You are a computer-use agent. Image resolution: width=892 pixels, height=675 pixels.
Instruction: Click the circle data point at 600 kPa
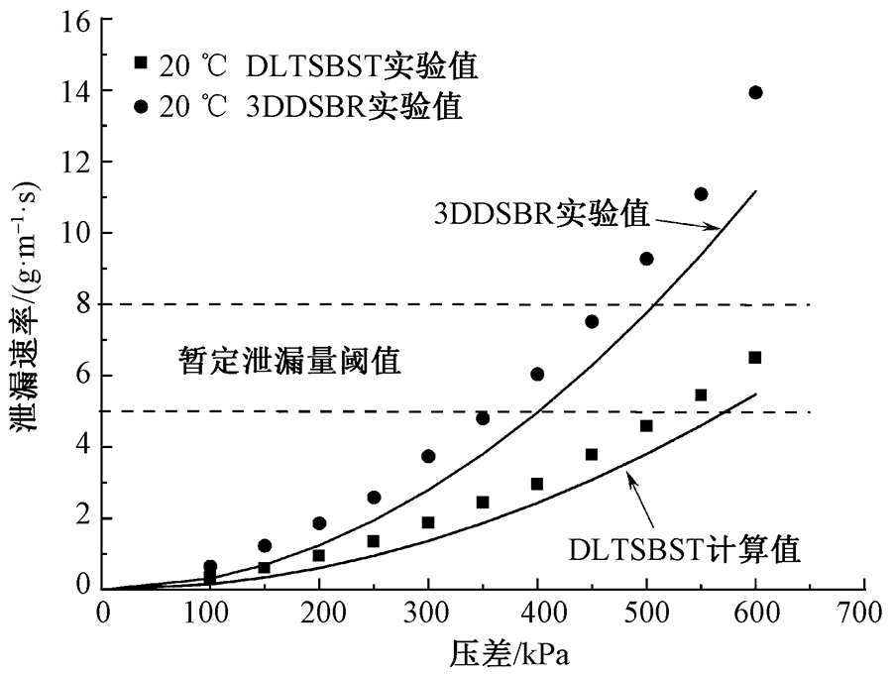tap(755, 92)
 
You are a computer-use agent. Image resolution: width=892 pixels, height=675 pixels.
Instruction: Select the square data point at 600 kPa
tap(755, 357)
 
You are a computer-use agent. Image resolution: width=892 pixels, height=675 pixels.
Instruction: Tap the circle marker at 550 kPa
tap(701, 193)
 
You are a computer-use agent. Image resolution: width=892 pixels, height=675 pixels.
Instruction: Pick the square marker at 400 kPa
tap(537, 484)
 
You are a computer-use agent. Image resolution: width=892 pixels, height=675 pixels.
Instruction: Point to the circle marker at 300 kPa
tap(428, 456)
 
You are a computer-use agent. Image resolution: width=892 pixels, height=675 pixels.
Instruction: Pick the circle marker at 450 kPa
tap(592, 321)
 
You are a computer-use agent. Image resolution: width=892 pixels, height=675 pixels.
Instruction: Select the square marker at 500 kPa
tap(646, 425)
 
